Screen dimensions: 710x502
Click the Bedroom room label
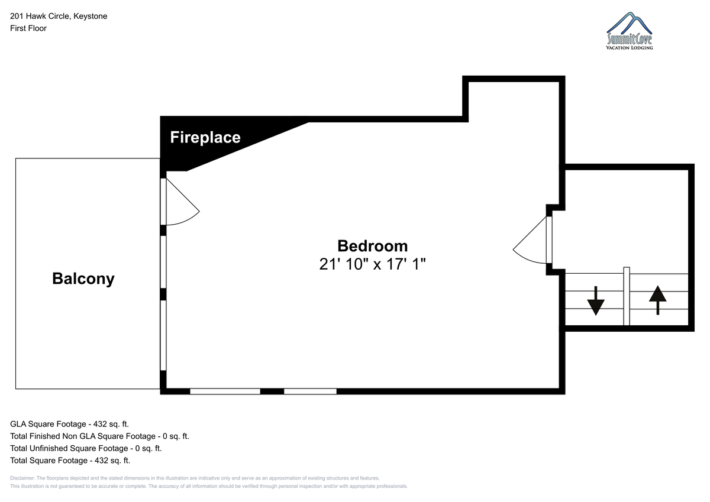pyautogui.click(x=372, y=246)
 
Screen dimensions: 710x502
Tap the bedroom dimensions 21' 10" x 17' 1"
pyautogui.click(x=372, y=264)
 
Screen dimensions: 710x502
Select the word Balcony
pyautogui.click(x=83, y=278)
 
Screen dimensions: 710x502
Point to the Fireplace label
pyautogui.click(x=205, y=137)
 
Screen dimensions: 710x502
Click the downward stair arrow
pyautogui.click(x=596, y=301)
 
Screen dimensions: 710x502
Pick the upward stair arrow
pyautogui.click(x=658, y=300)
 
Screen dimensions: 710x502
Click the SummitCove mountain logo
pyautogui.click(x=630, y=31)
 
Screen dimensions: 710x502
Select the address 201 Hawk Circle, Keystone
pyautogui.click(x=59, y=16)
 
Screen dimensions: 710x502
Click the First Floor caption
pyautogui.click(x=28, y=28)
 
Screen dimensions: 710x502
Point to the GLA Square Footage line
pyautogui.click(x=69, y=424)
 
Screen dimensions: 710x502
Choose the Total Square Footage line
pyautogui.click(x=70, y=460)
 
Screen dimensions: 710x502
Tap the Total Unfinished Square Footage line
pyautogui.click(x=86, y=448)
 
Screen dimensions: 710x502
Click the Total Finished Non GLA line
pyautogui.click(x=99, y=436)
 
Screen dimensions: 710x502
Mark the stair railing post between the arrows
pyautogui.click(x=627, y=296)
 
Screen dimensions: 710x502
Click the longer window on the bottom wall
pyautogui.click(x=225, y=391)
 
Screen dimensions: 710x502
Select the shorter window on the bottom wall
pyautogui.click(x=310, y=391)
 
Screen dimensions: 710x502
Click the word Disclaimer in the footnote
pyautogui.click(x=22, y=478)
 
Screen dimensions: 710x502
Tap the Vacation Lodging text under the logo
pyautogui.click(x=630, y=48)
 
